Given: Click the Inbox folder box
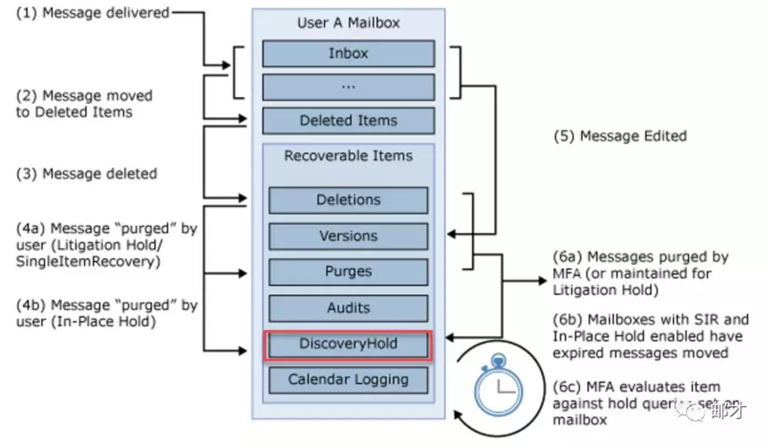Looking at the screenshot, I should click(x=348, y=53).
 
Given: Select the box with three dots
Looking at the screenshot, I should click(x=348, y=87).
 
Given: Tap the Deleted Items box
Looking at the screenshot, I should click(x=348, y=121).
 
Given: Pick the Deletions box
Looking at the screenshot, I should click(x=348, y=200).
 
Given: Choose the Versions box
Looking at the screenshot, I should click(x=348, y=236).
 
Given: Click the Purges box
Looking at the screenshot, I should click(x=348, y=271).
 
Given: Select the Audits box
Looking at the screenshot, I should click(x=348, y=308).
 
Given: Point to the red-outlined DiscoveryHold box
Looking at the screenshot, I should click(x=348, y=344).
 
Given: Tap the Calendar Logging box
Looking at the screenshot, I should click(x=348, y=379).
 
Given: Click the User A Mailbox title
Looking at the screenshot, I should click(x=348, y=23).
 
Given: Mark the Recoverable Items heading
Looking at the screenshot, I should click(x=348, y=156).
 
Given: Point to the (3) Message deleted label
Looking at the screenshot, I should click(x=86, y=174).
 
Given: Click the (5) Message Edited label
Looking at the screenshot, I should click(x=620, y=136).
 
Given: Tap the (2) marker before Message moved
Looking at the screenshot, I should click(x=27, y=96).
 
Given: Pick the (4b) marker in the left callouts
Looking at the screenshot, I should click(x=31, y=306).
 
